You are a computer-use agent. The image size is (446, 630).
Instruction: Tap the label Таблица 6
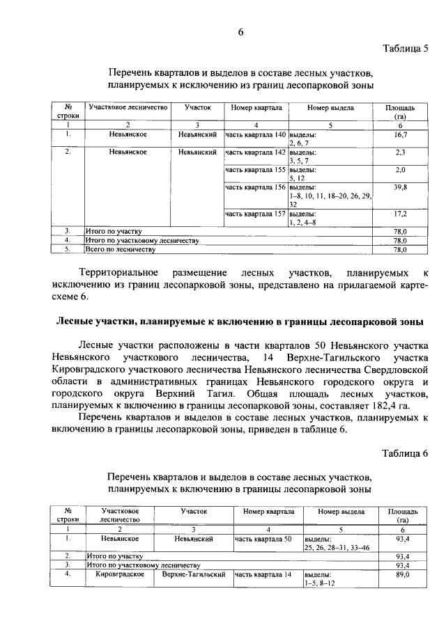[x=406, y=454]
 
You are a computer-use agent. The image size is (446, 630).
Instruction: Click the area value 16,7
[x=400, y=134]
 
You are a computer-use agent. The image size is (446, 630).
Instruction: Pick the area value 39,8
[x=400, y=187]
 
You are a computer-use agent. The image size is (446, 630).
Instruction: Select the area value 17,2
[x=400, y=214]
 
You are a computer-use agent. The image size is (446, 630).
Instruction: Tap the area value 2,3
[x=400, y=152]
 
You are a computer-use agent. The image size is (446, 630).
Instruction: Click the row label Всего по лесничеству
[x=118, y=249]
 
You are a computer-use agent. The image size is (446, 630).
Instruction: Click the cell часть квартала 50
[x=263, y=539]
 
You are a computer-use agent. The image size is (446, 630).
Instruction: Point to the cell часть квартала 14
[x=263, y=575]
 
